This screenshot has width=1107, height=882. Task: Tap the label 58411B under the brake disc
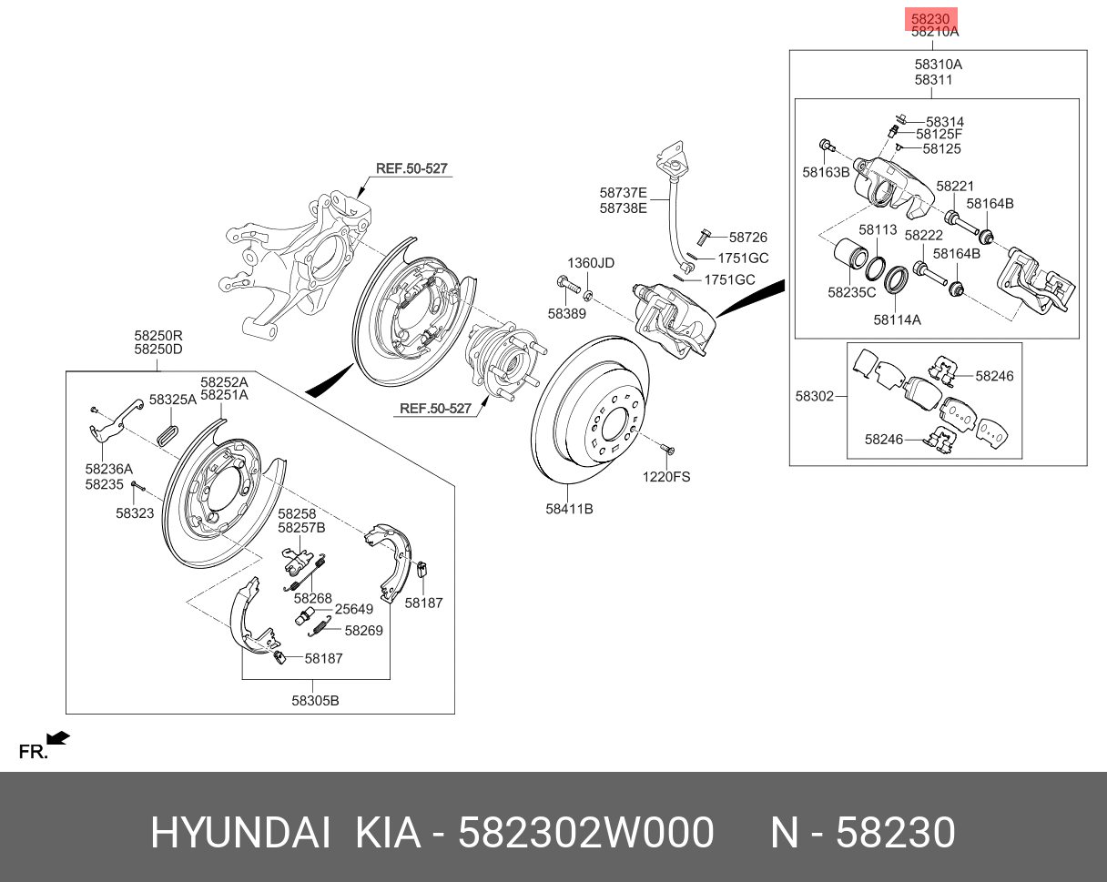pyautogui.click(x=569, y=509)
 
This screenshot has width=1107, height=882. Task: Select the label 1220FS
pyautogui.click(x=666, y=475)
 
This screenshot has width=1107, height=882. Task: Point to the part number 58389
pyautogui.click(x=566, y=313)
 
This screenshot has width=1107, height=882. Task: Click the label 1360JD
pyautogui.click(x=591, y=263)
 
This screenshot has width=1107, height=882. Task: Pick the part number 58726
pyautogui.click(x=747, y=237)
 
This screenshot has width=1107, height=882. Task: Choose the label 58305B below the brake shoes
pyautogui.click(x=315, y=700)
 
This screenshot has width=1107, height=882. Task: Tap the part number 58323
pyautogui.click(x=135, y=513)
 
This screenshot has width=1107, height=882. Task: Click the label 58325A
pyautogui.click(x=173, y=400)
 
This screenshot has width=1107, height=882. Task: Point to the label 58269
pyautogui.click(x=363, y=630)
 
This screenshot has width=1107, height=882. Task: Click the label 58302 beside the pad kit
pyautogui.click(x=814, y=396)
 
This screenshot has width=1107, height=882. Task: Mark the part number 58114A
pyautogui.click(x=897, y=319)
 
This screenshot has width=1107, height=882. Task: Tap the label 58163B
pyautogui.click(x=826, y=171)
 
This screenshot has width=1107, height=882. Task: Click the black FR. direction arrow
pyautogui.click(x=58, y=737)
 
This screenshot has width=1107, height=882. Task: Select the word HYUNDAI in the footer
pyautogui.click(x=239, y=833)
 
